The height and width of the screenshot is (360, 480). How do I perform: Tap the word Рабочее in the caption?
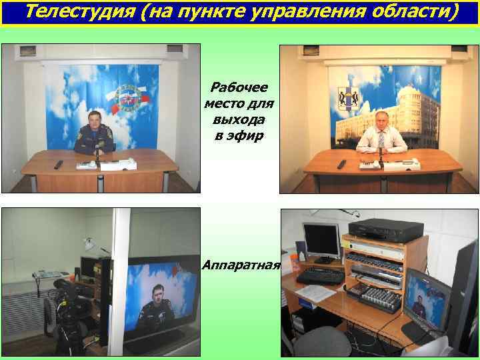click(239, 88)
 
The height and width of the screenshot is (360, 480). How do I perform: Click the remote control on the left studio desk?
click(58, 164)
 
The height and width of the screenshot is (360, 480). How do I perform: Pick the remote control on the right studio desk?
click(341, 164)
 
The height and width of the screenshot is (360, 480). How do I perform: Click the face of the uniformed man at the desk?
click(93, 121)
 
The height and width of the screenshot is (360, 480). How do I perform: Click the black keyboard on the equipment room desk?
click(320, 275)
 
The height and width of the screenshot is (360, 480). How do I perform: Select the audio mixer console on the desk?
click(381, 299)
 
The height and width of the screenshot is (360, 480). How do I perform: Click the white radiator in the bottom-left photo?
click(27, 313)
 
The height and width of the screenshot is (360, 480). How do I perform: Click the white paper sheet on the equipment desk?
click(316, 292)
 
